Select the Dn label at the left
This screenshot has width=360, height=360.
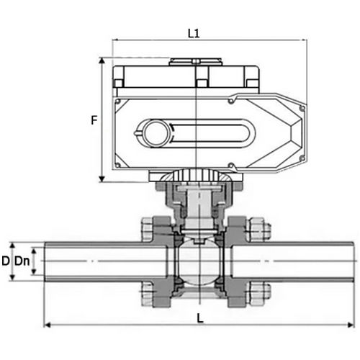(x=24, y=260)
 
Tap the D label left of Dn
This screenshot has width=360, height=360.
(x=6, y=260)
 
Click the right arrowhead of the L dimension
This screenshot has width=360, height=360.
(x=352, y=323)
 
